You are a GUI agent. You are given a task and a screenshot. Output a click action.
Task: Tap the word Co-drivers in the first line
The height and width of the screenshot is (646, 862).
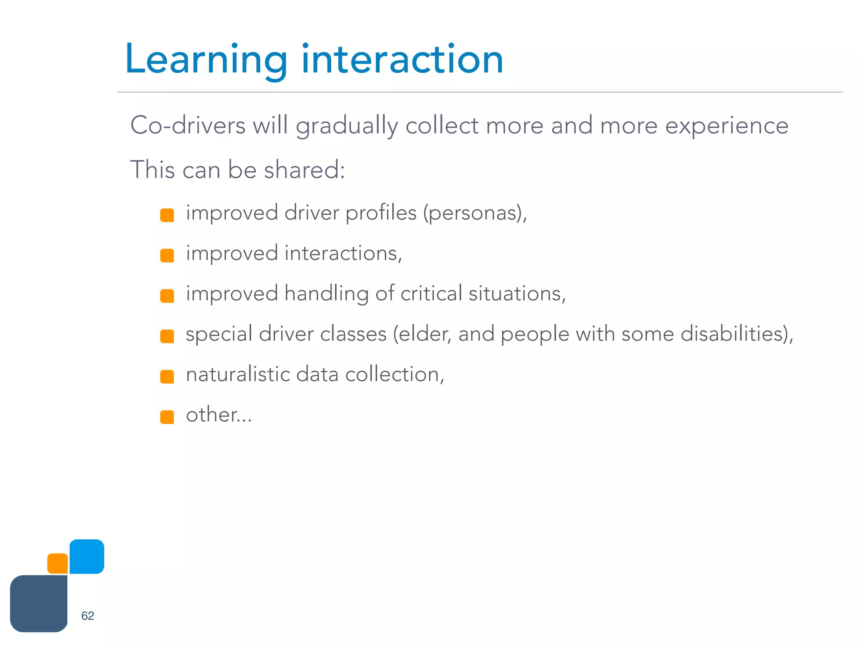pos(188,125)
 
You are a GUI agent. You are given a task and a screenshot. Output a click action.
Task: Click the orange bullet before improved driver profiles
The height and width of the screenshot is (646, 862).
pos(167,215)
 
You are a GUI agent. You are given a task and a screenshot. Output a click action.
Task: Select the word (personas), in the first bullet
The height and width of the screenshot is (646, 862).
pos(475,213)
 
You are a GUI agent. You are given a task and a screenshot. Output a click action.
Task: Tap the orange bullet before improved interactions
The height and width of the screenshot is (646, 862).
pos(167,256)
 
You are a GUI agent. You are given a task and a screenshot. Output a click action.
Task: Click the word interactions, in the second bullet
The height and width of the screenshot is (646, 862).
pos(343,254)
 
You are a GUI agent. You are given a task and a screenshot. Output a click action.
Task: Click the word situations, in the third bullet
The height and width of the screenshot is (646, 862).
pos(517,294)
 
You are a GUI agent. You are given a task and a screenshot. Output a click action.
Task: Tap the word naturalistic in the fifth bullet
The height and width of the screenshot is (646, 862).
pos(238,374)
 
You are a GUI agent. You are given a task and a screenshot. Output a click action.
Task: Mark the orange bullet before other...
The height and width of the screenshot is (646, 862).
pos(167,417)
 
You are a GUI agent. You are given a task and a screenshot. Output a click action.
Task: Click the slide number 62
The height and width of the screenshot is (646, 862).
pos(88,616)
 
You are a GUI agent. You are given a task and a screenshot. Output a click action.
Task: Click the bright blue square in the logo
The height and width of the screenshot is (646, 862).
pos(87,556)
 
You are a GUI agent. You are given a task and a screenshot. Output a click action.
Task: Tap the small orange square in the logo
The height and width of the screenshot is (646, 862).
pos(58,564)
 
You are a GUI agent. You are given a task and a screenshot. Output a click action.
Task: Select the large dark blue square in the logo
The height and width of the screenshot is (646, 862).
pos(39,604)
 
